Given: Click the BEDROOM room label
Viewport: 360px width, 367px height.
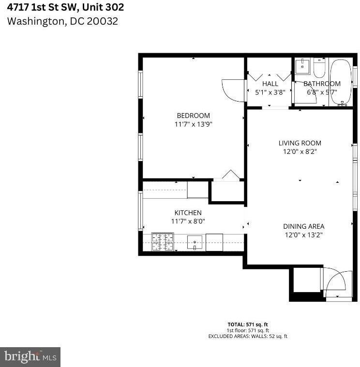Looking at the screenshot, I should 193,116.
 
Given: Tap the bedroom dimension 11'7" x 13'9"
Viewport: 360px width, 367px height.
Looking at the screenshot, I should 193,124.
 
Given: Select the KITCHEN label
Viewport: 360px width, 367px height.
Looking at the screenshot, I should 188,213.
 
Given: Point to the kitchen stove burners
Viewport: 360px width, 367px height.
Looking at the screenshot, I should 163,242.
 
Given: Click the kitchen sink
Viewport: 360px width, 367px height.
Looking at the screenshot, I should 195,242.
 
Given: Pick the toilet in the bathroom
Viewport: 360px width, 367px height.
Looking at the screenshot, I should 319,69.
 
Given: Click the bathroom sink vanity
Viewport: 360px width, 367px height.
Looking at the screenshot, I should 302,67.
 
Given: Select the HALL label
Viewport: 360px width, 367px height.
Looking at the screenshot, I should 270,84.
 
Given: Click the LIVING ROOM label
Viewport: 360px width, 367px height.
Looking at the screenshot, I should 300,143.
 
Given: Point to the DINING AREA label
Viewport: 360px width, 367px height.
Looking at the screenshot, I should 303,226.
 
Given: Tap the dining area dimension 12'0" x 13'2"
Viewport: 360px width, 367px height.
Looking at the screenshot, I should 303,235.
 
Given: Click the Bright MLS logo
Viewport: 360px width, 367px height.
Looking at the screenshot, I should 30,357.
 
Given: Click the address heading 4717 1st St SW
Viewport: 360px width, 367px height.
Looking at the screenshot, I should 65,7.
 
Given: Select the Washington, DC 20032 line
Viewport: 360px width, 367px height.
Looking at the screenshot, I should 62,21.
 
